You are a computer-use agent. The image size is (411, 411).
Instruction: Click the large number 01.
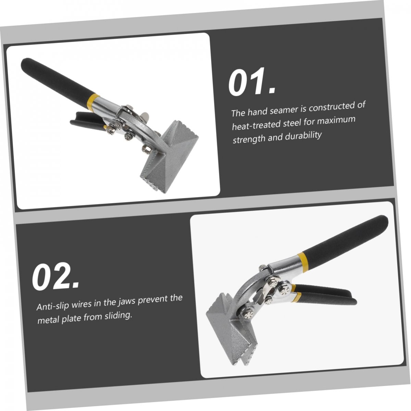252,82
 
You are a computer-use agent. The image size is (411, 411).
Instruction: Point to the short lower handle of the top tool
86,121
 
